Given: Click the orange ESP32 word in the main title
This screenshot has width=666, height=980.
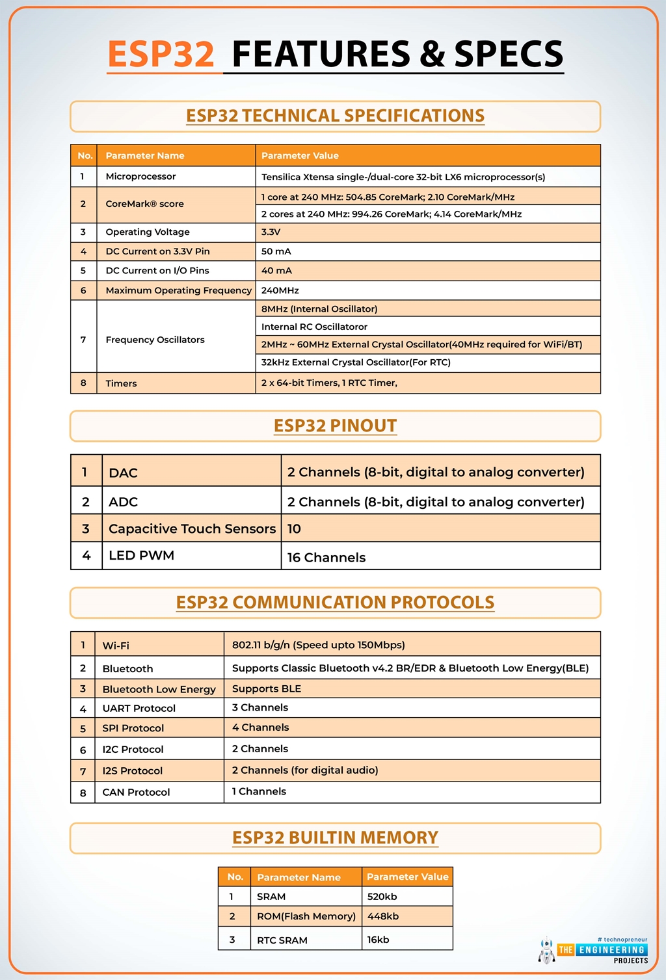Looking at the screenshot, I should pos(161,54).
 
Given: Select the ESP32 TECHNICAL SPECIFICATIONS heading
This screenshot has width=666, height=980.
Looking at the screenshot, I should pos(335,116).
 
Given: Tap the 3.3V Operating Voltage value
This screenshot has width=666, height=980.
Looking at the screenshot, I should pos(271,232).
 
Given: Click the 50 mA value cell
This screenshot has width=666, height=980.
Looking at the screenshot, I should pos(276,251).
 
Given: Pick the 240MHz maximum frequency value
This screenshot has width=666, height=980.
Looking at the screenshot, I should pos(280,290).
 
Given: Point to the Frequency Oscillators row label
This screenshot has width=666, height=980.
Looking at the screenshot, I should pos(155,340).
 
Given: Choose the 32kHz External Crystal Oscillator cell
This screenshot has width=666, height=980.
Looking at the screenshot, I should pos(356,362).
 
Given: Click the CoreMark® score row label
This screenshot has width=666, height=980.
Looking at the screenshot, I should pos(144,204).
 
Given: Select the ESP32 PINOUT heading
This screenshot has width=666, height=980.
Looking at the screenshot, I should pos(335,426).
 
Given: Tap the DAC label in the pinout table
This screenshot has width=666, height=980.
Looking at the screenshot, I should pos(123,472).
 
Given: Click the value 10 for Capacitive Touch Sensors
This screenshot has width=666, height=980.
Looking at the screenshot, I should pos(294,528).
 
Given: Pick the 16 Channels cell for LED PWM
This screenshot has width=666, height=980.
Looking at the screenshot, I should pos(326,558).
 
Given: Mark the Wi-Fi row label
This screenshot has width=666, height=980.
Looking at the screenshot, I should pos(116,646).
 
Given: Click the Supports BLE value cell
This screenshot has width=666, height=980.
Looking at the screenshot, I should pos(267,688).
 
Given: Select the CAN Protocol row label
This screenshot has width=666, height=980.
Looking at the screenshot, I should pos(136,792).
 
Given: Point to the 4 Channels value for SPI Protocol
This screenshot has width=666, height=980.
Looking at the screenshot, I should pos(260,728).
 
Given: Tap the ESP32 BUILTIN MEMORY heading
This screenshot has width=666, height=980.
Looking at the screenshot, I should pos(335,837).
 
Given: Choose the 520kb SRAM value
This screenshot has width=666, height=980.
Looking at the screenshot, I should pos(382,897).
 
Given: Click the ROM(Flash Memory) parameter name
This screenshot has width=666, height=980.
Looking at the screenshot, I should pos(306,916).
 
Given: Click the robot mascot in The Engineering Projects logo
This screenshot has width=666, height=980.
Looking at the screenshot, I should pos(547,951).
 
